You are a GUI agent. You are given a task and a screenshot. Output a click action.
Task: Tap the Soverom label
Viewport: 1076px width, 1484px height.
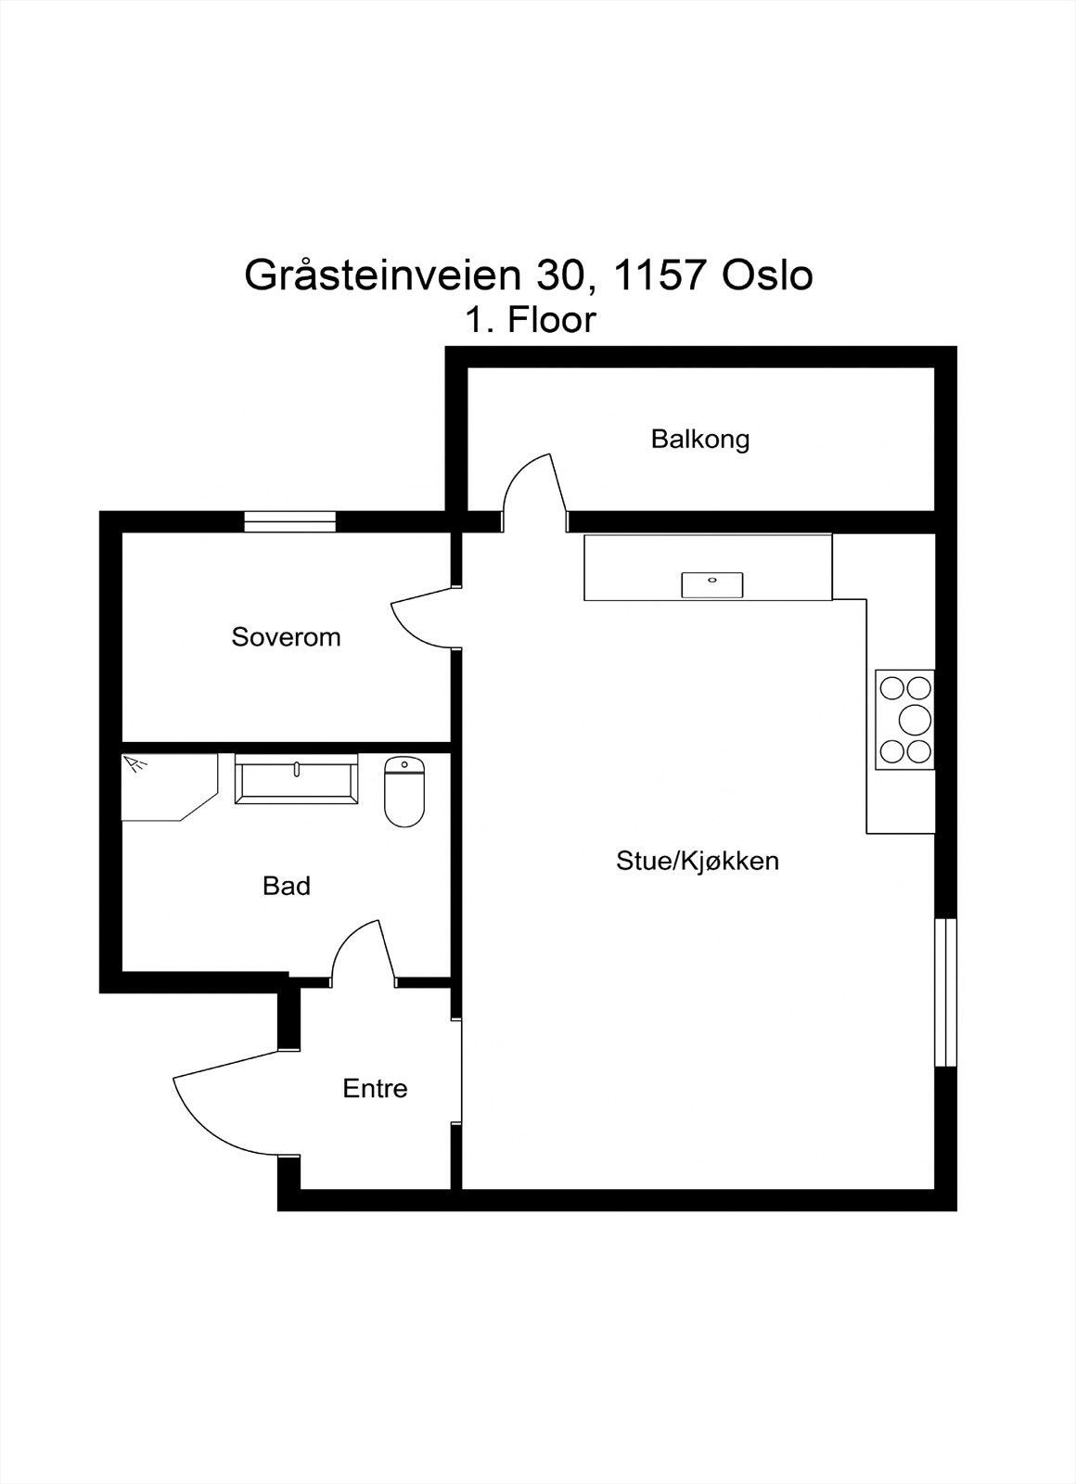pos(286,637)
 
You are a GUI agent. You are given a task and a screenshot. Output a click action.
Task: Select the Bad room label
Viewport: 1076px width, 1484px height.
pos(286,886)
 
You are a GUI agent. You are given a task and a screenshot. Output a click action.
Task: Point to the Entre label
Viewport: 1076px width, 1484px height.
pos(375,1088)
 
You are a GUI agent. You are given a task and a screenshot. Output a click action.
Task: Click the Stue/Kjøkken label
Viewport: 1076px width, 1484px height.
pos(698,861)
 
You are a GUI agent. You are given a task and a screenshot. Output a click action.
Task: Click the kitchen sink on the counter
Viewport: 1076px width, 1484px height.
pos(712,584)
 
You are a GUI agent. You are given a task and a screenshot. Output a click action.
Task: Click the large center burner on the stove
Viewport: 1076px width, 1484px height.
pos(916,719)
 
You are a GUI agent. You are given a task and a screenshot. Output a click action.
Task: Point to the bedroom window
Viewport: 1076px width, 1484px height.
pos(289,522)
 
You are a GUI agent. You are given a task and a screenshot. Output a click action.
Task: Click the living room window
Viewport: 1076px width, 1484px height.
pos(945,992)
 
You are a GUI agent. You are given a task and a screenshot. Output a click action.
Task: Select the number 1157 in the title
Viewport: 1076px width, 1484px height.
pos(646,275)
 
